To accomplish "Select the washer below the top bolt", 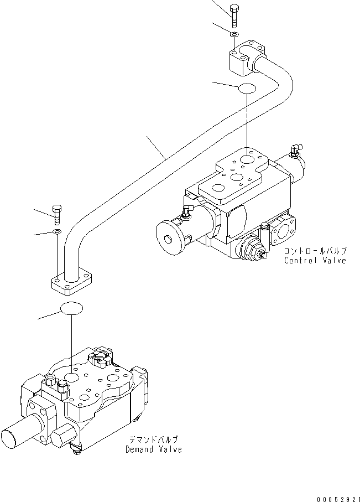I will pyautogui.click(x=234, y=35).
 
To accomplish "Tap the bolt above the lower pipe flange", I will pyautogui.click(x=56, y=213).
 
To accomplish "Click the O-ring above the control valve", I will pyautogui.click(x=247, y=88).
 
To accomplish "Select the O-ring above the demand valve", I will pyautogui.click(x=72, y=309).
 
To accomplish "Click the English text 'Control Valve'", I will pyautogui.click(x=315, y=261).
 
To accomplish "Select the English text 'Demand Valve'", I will pyautogui.click(x=154, y=449).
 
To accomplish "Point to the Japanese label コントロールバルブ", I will pyautogui.click(x=315, y=251).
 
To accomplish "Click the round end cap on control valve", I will pyautogui.click(x=171, y=239).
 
